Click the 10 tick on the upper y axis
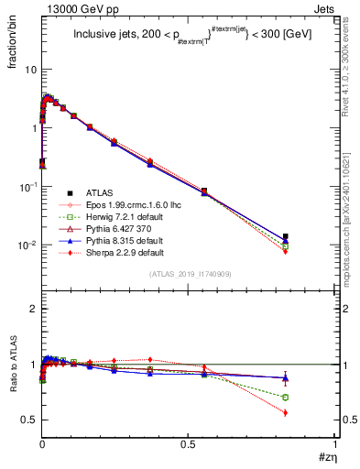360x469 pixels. point(32,70)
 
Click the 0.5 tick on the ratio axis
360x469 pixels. point(29,420)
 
